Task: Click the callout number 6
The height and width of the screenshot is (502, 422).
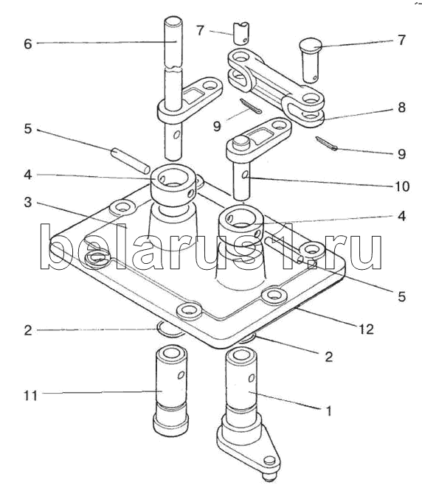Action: (28, 43)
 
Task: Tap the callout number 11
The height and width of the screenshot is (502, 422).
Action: (31, 396)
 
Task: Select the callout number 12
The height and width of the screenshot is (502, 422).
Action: (367, 329)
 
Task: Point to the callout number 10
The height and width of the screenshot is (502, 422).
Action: (403, 186)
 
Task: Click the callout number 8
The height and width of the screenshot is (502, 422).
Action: (401, 108)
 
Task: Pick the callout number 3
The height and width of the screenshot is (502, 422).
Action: (28, 202)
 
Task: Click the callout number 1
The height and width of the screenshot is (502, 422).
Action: (329, 411)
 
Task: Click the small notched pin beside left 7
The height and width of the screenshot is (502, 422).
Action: (241, 33)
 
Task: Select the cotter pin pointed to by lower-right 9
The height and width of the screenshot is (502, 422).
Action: (326, 143)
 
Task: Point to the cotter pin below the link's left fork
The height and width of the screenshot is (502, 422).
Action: (251, 106)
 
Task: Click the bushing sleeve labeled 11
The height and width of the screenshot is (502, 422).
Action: (170, 389)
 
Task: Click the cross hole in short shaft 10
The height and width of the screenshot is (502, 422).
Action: (245, 174)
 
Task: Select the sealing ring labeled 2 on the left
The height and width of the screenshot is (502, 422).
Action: (170, 331)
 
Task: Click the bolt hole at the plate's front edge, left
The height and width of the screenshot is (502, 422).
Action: (189, 310)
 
